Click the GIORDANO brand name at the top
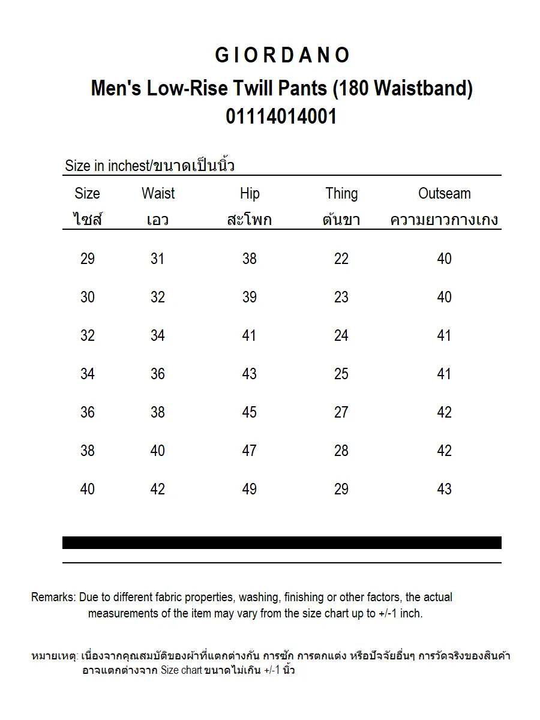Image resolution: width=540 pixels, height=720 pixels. tap(282, 56)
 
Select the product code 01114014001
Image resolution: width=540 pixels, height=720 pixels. tap(281, 116)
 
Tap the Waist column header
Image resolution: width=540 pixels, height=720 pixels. tap(158, 194)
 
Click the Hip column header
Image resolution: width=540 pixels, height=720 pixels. tap(250, 194)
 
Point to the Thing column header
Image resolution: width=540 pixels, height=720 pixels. tap(341, 194)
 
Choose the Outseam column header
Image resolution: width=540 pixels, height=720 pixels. tap(444, 194)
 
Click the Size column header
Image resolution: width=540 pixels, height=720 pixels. tap(88, 194)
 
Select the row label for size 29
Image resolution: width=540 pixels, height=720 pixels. tap(88, 259)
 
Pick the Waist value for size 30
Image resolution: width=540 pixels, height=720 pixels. tap(158, 297)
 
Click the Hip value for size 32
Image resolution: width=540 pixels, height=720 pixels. tap(250, 335)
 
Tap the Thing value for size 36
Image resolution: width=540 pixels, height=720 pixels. tap(341, 412)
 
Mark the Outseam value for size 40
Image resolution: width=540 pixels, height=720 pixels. tap(444, 489)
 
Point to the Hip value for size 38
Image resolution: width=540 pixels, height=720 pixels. tap(250, 451)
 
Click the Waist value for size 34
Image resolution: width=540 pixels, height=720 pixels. tap(158, 374)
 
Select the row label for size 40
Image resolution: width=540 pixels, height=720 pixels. tap(88, 489)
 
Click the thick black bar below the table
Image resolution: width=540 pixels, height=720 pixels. tap(281, 542)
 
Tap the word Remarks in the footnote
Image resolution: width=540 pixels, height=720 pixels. tap(53, 598)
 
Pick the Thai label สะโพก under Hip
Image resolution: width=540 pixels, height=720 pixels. tap(250, 220)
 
